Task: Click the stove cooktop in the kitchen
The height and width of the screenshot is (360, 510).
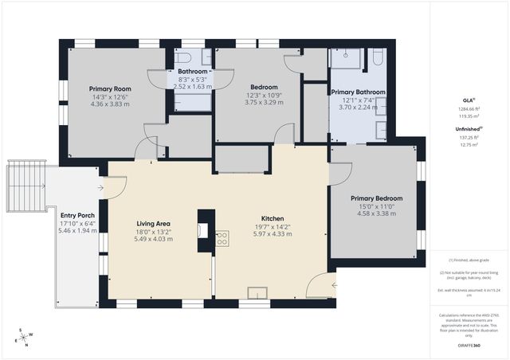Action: click(x=222, y=236)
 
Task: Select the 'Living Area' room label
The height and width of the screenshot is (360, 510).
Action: click(x=154, y=223)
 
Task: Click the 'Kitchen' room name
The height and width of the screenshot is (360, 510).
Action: click(x=273, y=218)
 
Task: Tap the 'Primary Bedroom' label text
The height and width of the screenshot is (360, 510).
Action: click(x=377, y=198)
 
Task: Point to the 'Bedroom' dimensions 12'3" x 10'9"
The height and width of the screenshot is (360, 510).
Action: click(x=264, y=95)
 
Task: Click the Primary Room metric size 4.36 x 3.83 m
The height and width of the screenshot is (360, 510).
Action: click(x=109, y=104)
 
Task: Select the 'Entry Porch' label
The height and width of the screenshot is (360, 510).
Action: click(x=77, y=215)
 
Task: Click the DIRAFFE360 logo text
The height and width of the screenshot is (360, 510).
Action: click(x=471, y=346)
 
